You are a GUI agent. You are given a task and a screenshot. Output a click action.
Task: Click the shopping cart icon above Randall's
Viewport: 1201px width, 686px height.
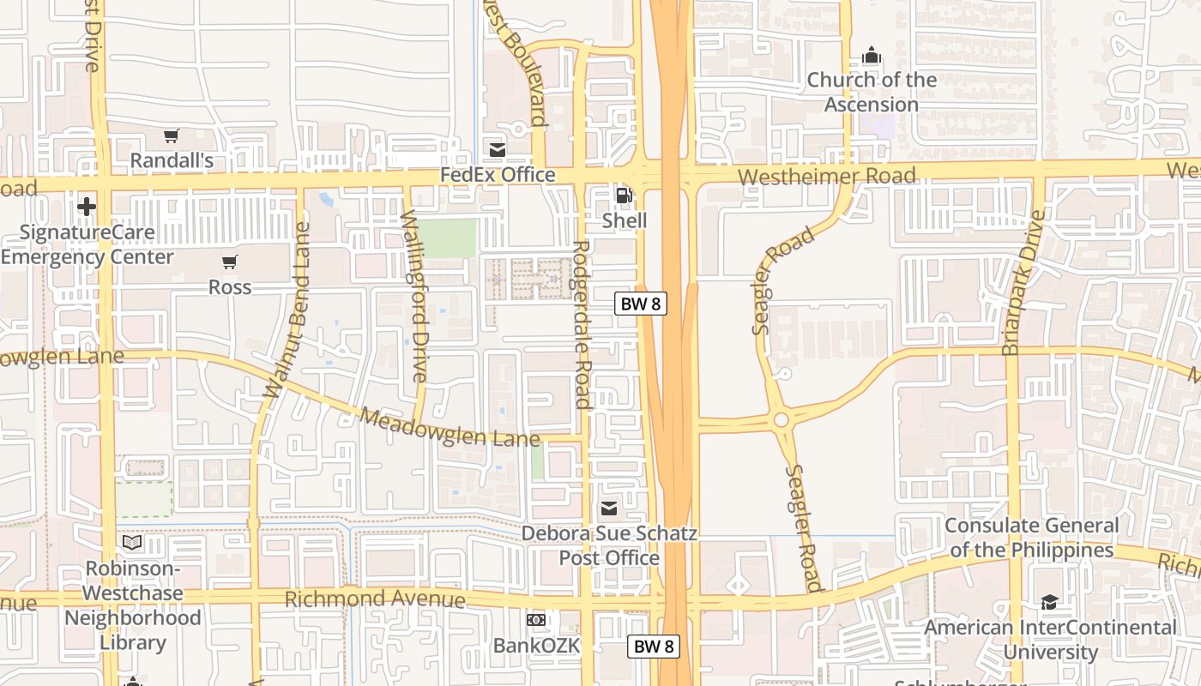tap(171, 135)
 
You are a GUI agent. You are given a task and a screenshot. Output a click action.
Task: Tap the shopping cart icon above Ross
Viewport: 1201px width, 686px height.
tap(229, 262)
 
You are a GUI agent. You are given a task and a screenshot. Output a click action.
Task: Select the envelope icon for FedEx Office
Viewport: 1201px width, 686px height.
tap(497, 150)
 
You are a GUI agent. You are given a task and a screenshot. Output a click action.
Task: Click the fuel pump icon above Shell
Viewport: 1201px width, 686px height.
tap(624, 196)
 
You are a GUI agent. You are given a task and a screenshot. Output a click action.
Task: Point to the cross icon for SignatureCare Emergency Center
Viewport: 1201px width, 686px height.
tap(87, 207)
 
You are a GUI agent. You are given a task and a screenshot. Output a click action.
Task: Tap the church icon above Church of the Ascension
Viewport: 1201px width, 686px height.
tap(872, 56)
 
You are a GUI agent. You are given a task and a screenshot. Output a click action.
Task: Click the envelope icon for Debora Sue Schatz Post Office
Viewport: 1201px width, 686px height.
tap(609, 508)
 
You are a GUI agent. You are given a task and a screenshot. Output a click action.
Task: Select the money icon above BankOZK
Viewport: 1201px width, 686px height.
tap(536, 620)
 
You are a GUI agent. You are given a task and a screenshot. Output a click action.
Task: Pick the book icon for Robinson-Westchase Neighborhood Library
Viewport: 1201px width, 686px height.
tap(132, 543)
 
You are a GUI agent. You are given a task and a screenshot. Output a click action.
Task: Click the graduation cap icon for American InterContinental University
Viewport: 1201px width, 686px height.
tap(1049, 602)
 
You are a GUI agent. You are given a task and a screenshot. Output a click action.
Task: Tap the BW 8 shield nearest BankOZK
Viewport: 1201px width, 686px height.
tap(653, 647)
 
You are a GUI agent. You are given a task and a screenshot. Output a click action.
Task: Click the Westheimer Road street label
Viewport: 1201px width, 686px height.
tap(827, 176)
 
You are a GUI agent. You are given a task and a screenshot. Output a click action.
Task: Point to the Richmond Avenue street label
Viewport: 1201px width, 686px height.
tap(375, 599)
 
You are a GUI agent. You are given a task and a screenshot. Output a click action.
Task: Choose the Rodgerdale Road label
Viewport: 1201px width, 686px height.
tap(581, 324)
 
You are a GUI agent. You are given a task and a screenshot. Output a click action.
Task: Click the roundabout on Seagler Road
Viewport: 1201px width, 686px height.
tap(781, 420)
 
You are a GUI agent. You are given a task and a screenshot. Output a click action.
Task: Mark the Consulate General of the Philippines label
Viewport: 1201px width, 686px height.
tap(1031, 538)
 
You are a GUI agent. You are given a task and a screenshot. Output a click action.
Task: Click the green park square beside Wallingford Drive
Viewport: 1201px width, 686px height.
tap(446, 238)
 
